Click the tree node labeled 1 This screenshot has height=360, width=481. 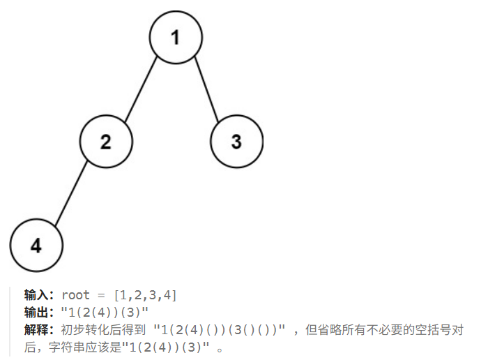175,37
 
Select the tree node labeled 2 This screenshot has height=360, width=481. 105,142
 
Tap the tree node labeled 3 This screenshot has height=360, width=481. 236,142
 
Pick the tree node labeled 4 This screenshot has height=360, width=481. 36,245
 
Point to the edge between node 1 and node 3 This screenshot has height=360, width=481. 206,89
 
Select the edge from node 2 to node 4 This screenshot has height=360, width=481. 70,193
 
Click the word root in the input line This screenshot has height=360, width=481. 76,295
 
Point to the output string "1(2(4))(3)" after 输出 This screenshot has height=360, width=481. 105,312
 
